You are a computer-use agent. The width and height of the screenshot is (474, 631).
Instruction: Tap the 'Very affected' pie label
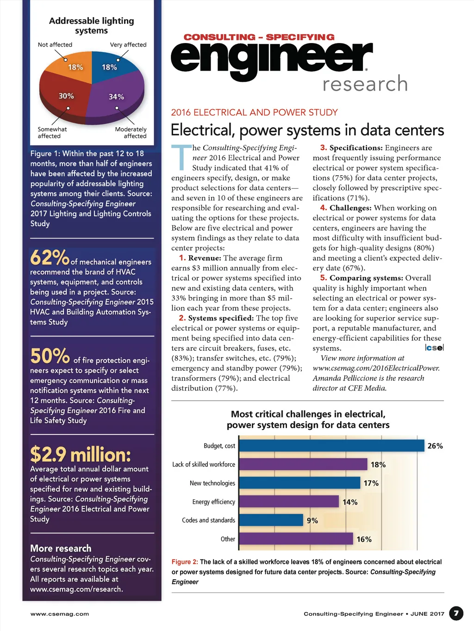tap(128, 45)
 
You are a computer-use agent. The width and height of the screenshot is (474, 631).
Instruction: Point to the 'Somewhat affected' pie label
tap(52, 133)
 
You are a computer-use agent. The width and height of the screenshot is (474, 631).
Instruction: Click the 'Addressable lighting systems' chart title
tap(92, 26)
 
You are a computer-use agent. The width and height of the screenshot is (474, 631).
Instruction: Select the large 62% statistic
tap(50, 258)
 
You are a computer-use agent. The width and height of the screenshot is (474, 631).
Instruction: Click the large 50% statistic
tap(50, 356)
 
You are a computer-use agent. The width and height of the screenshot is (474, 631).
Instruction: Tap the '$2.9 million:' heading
tap(81, 455)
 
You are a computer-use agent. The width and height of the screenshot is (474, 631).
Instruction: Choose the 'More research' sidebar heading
tap(61, 549)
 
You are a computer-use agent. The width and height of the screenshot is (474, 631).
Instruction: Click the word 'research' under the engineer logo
tap(365, 84)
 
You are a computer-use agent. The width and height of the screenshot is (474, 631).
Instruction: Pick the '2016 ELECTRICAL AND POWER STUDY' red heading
tap(255, 112)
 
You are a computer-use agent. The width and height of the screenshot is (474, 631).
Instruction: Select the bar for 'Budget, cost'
tap(331, 446)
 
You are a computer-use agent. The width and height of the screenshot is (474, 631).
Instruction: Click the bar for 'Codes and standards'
tap(271, 520)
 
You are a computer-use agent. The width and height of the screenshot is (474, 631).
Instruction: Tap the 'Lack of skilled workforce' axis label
tap(204, 465)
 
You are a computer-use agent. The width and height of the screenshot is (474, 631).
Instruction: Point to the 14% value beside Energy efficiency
tap(350, 502)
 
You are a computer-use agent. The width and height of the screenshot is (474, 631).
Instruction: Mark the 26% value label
tap(435, 446)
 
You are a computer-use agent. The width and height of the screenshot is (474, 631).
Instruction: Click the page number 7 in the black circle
tap(456, 613)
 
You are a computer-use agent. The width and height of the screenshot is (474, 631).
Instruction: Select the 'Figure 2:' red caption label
tap(185, 562)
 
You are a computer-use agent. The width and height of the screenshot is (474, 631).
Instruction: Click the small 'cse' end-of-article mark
tap(434, 348)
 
